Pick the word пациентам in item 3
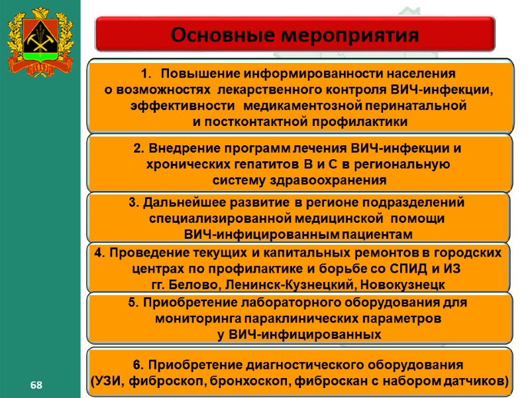378,235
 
